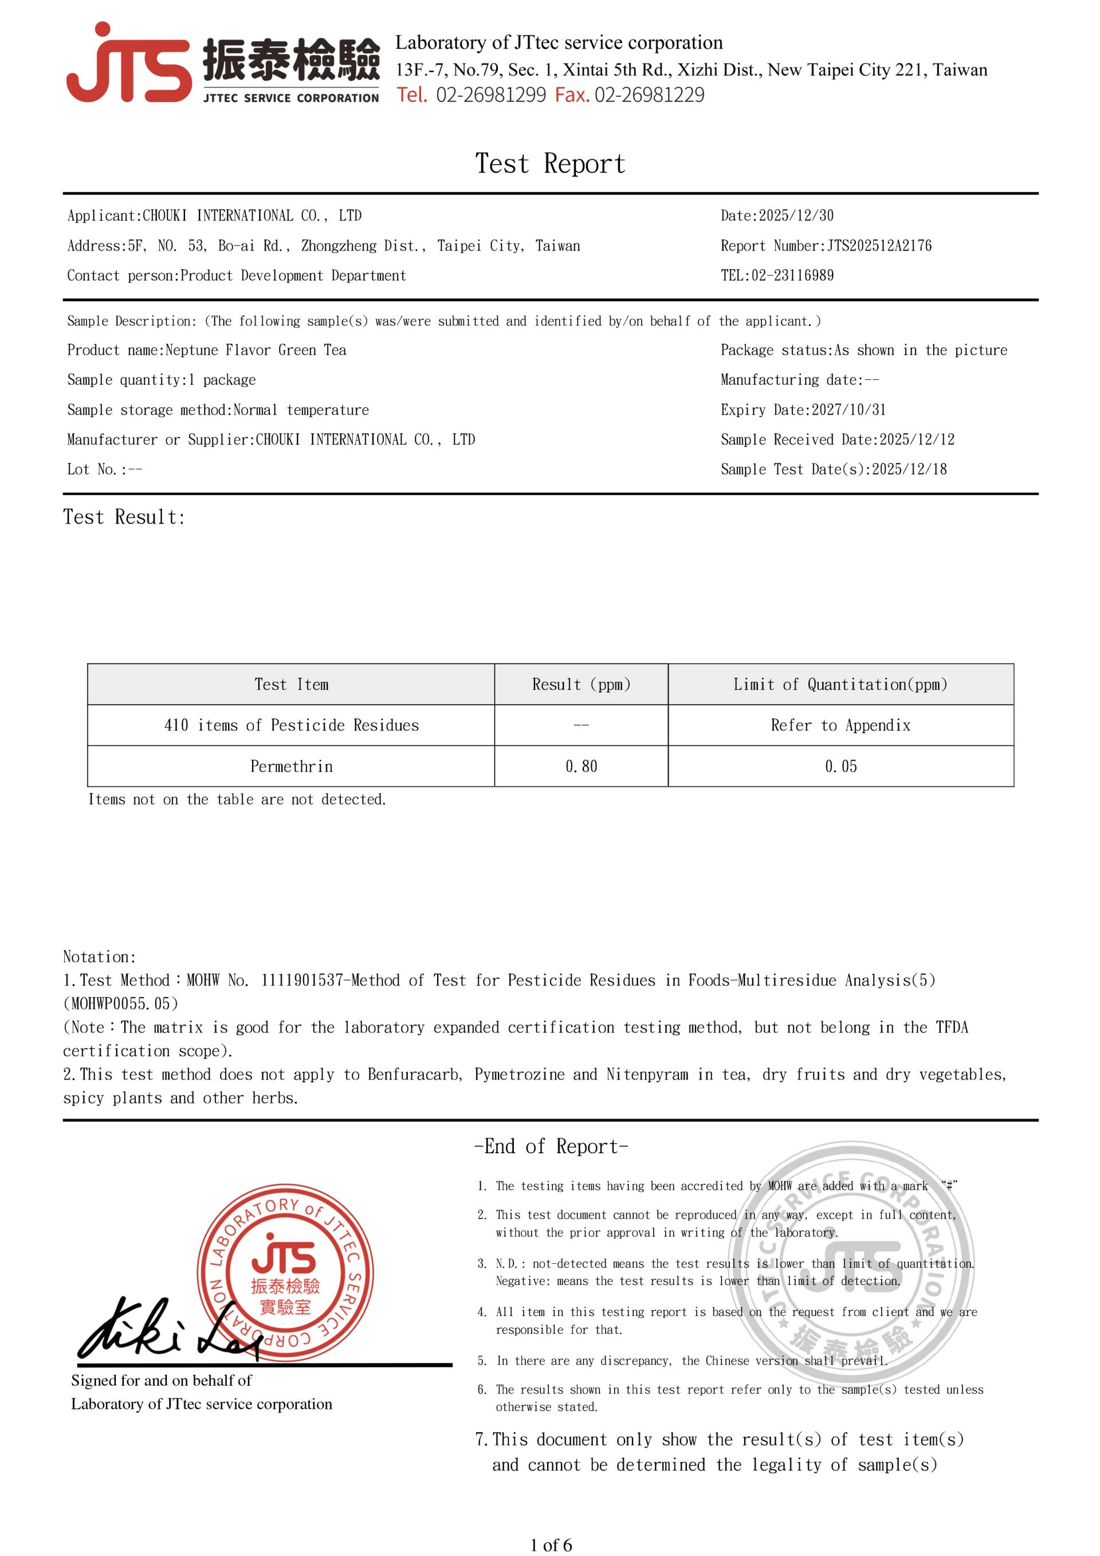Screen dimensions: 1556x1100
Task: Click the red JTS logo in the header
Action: pos(129,64)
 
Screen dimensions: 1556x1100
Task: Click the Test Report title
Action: pos(549,164)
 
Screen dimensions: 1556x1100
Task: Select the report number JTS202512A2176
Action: pos(879,245)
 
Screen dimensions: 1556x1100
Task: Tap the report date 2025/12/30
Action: pos(796,215)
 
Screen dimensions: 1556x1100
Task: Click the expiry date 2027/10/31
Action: pos(848,409)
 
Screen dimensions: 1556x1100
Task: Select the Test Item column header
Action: pos(291,685)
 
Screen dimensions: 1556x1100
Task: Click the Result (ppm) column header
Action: pos(581,685)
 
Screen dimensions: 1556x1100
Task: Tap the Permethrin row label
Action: pos(291,767)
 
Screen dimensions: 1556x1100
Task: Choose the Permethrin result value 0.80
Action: pos(581,767)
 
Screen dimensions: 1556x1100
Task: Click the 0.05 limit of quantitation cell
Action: pos(840,767)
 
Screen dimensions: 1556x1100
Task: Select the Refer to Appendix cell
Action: pos(840,725)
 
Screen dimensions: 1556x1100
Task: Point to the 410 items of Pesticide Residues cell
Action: pos(291,725)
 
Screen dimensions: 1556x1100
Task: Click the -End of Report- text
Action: pos(551,1147)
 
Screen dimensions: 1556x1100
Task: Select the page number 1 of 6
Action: pos(551,1545)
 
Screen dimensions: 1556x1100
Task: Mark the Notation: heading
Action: pos(100,957)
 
